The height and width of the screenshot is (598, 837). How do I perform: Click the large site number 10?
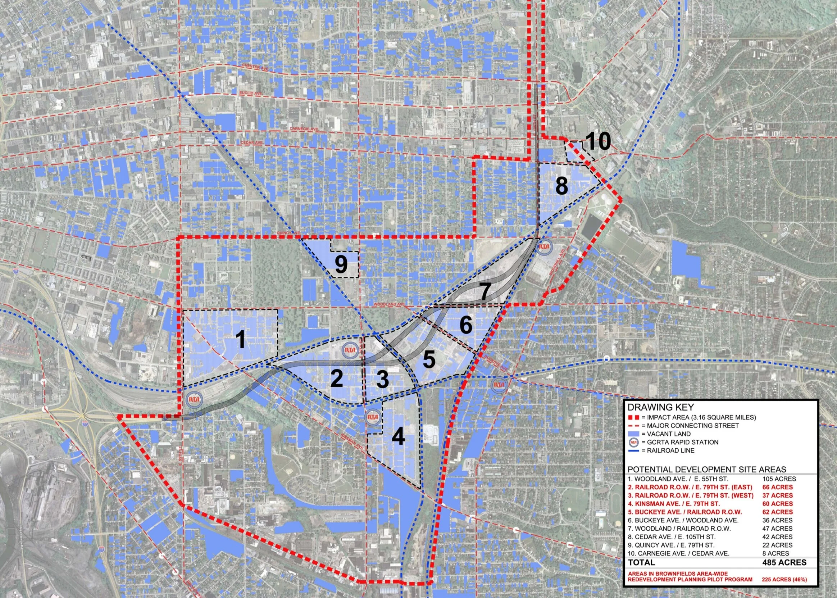click(x=598, y=141)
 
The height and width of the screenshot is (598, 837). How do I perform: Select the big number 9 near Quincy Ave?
click(x=341, y=264)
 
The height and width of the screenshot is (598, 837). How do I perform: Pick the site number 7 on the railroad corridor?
click(x=485, y=292)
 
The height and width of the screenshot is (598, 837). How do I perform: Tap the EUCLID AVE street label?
click(x=251, y=94)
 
